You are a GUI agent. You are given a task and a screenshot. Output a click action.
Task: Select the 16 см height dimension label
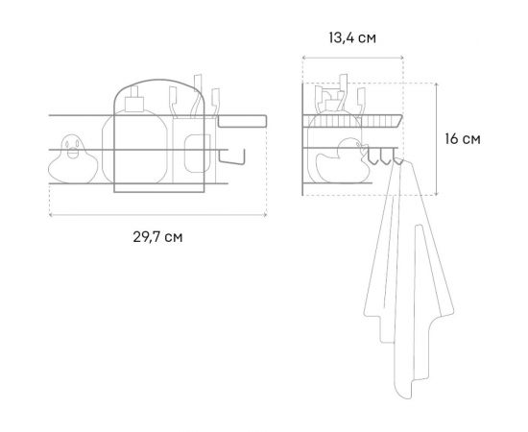click(x=464, y=138)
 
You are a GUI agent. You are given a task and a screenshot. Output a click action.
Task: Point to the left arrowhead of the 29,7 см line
click(x=51, y=213)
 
